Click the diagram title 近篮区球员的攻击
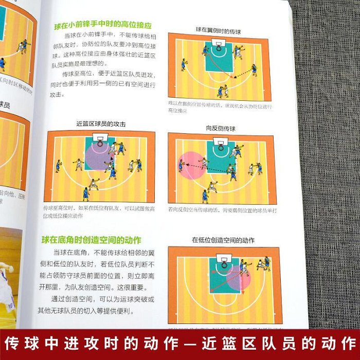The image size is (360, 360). coord(100,124)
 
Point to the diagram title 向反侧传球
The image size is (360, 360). coord(221,129)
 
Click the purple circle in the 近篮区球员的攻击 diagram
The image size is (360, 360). coord(98,157)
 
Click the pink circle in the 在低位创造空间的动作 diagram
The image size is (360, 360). coord(238,280)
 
